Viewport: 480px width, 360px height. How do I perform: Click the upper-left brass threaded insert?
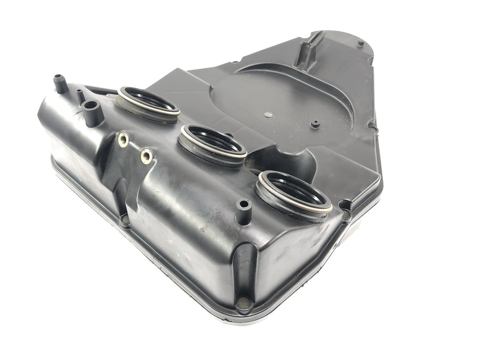pyautogui.click(x=124, y=139)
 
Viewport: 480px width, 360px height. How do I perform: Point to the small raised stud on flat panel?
pyautogui.click(x=314, y=124)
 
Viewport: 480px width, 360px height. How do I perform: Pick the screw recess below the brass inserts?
pyautogui.click(x=125, y=219)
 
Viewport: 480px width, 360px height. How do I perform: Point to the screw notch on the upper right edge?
pyautogui.click(x=372, y=126)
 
